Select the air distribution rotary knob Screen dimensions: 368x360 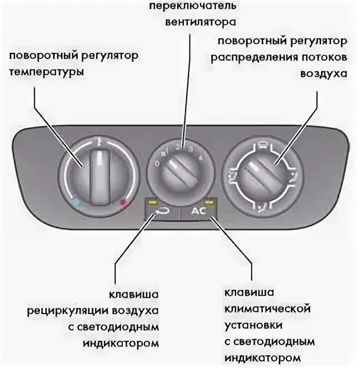tap(264, 173)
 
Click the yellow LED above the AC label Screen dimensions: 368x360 tap(209, 201)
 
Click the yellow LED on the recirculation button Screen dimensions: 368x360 tap(151, 202)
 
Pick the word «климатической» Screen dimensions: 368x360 tap(267, 308)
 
